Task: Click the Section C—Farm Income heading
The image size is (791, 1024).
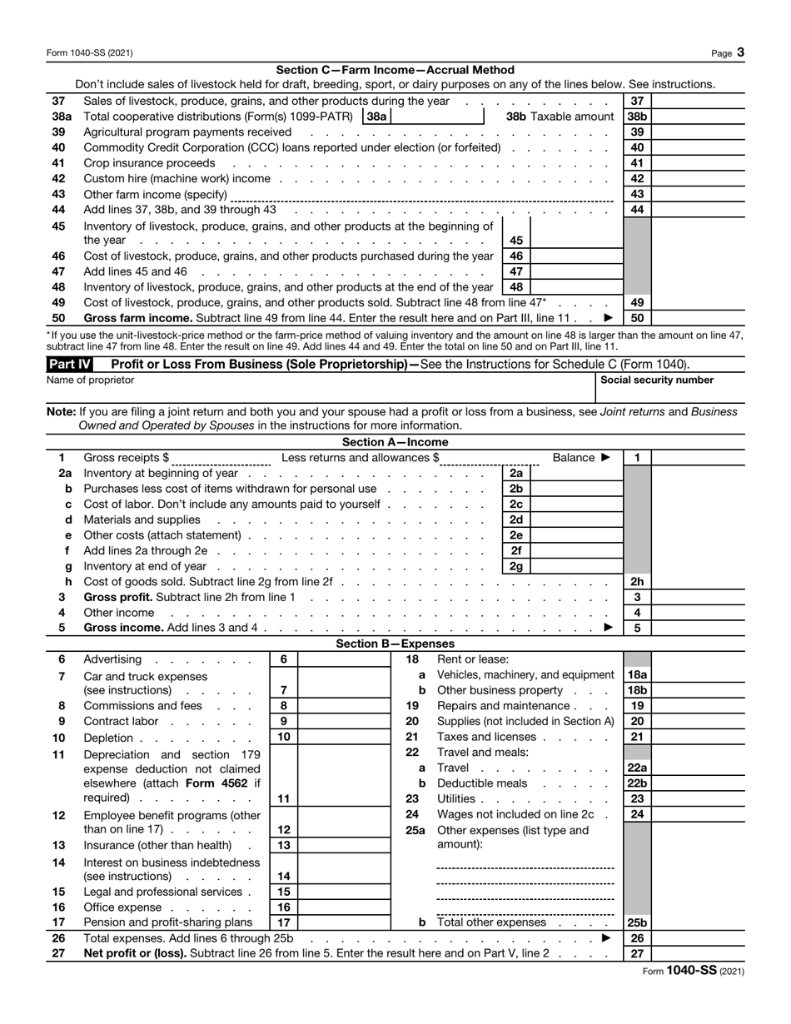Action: tap(395, 70)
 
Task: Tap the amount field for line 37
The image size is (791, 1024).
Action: tap(698, 101)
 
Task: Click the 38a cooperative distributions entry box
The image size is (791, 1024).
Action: tap(437, 117)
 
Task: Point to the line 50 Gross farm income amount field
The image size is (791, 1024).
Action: tap(698, 318)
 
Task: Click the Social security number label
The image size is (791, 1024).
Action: tap(657, 380)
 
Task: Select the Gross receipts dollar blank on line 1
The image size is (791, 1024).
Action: tap(222, 458)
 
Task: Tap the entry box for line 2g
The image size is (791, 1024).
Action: tap(575, 566)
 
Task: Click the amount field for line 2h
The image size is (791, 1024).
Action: tap(698, 582)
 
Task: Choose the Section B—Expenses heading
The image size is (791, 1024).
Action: tap(395, 644)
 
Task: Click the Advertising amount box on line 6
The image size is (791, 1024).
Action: tap(344, 659)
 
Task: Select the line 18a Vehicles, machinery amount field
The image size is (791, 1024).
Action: tap(698, 675)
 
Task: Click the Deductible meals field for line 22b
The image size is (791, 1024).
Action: tap(698, 783)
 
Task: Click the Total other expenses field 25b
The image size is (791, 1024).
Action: tap(698, 922)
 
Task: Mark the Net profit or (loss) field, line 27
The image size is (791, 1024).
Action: tap(698, 953)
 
